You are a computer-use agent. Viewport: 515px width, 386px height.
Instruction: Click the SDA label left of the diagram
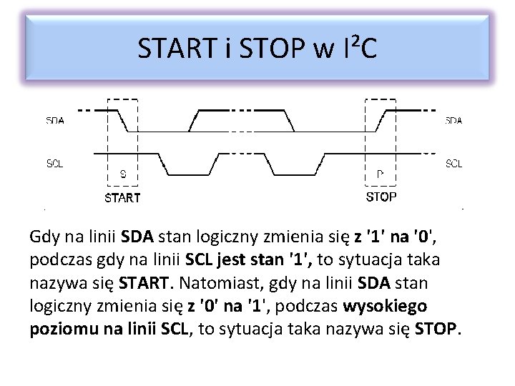pyautogui.click(x=55, y=121)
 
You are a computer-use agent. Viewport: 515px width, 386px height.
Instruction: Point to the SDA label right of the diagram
pyautogui.click(x=453, y=121)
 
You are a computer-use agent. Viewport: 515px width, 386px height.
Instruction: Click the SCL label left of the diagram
pyautogui.click(x=55, y=164)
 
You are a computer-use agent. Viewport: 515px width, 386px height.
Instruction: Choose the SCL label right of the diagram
pyautogui.click(x=453, y=164)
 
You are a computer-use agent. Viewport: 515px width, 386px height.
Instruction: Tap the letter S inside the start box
pyautogui.click(x=123, y=174)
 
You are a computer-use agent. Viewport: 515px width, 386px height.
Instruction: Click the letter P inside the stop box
pyautogui.click(x=380, y=174)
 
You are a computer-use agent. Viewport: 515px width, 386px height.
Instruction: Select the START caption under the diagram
pyautogui.click(x=123, y=197)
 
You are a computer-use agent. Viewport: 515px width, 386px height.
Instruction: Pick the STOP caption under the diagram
pyautogui.click(x=381, y=197)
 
